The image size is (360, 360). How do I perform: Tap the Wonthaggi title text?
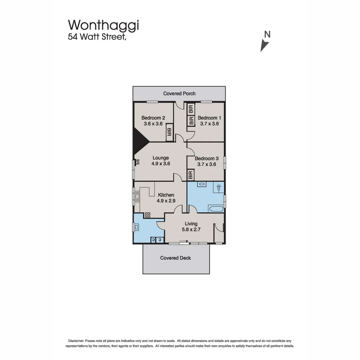(104, 25)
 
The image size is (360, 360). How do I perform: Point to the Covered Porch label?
(179, 93)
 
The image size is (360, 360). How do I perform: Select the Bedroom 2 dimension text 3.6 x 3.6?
(153, 124)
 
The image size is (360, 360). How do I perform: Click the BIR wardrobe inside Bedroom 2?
(169, 133)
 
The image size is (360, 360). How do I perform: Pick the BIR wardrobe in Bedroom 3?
(191, 175)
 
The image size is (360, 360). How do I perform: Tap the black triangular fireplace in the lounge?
(141, 141)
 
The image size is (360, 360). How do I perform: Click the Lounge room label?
(161, 158)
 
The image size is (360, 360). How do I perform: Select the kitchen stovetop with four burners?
(147, 215)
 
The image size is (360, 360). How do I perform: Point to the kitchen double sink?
(137, 197)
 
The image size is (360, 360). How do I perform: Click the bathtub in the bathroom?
(216, 209)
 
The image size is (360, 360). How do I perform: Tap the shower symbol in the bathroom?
(219, 187)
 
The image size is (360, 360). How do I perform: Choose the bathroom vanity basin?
(202, 184)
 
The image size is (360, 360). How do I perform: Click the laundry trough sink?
(137, 227)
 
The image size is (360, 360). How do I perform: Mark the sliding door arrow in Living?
(184, 241)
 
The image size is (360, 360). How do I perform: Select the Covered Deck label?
(176, 258)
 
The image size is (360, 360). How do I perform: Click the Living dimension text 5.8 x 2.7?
(191, 229)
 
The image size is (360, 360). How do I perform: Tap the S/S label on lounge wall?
(138, 162)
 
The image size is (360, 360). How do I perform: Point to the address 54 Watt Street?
(97, 37)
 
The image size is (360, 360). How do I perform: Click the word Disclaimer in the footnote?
(76, 341)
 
